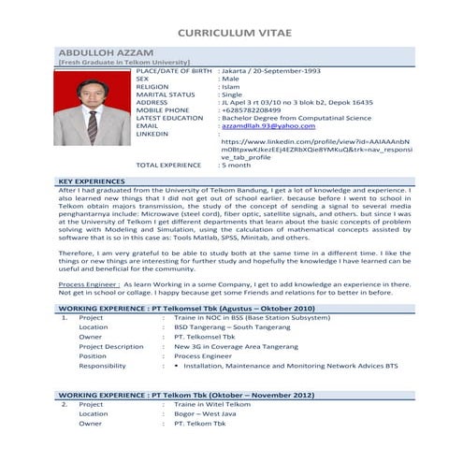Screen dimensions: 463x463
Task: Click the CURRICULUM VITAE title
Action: (x=231, y=32)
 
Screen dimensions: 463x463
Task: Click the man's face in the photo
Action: (x=92, y=94)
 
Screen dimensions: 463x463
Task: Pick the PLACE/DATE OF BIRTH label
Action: (x=174, y=71)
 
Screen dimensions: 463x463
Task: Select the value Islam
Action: (x=229, y=87)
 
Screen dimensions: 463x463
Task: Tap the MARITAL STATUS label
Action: (x=166, y=94)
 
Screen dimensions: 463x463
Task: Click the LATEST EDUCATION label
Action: (x=170, y=118)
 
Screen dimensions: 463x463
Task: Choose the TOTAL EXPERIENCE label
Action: (x=169, y=164)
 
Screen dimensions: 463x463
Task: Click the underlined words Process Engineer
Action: (x=88, y=282)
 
